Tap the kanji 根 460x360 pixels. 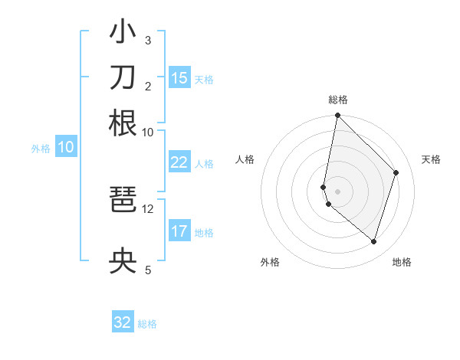[x=123, y=123]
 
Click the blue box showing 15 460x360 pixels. [x=179, y=78]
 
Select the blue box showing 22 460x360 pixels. [x=179, y=162]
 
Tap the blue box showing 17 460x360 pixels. [x=179, y=231]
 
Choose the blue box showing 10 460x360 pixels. [x=66, y=148]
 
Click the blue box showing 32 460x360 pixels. [x=123, y=322]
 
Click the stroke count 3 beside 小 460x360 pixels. [x=148, y=40]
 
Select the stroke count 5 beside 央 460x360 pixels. [x=148, y=270]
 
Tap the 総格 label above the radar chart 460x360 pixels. [x=337, y=100]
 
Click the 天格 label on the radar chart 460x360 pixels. [x=431, y=159]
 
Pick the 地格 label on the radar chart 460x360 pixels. [x=402, y=262]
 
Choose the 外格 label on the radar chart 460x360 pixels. [x=270, y=262]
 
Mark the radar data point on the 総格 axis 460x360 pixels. [x=337, y=116]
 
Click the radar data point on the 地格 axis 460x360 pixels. [x=374, y=241]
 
